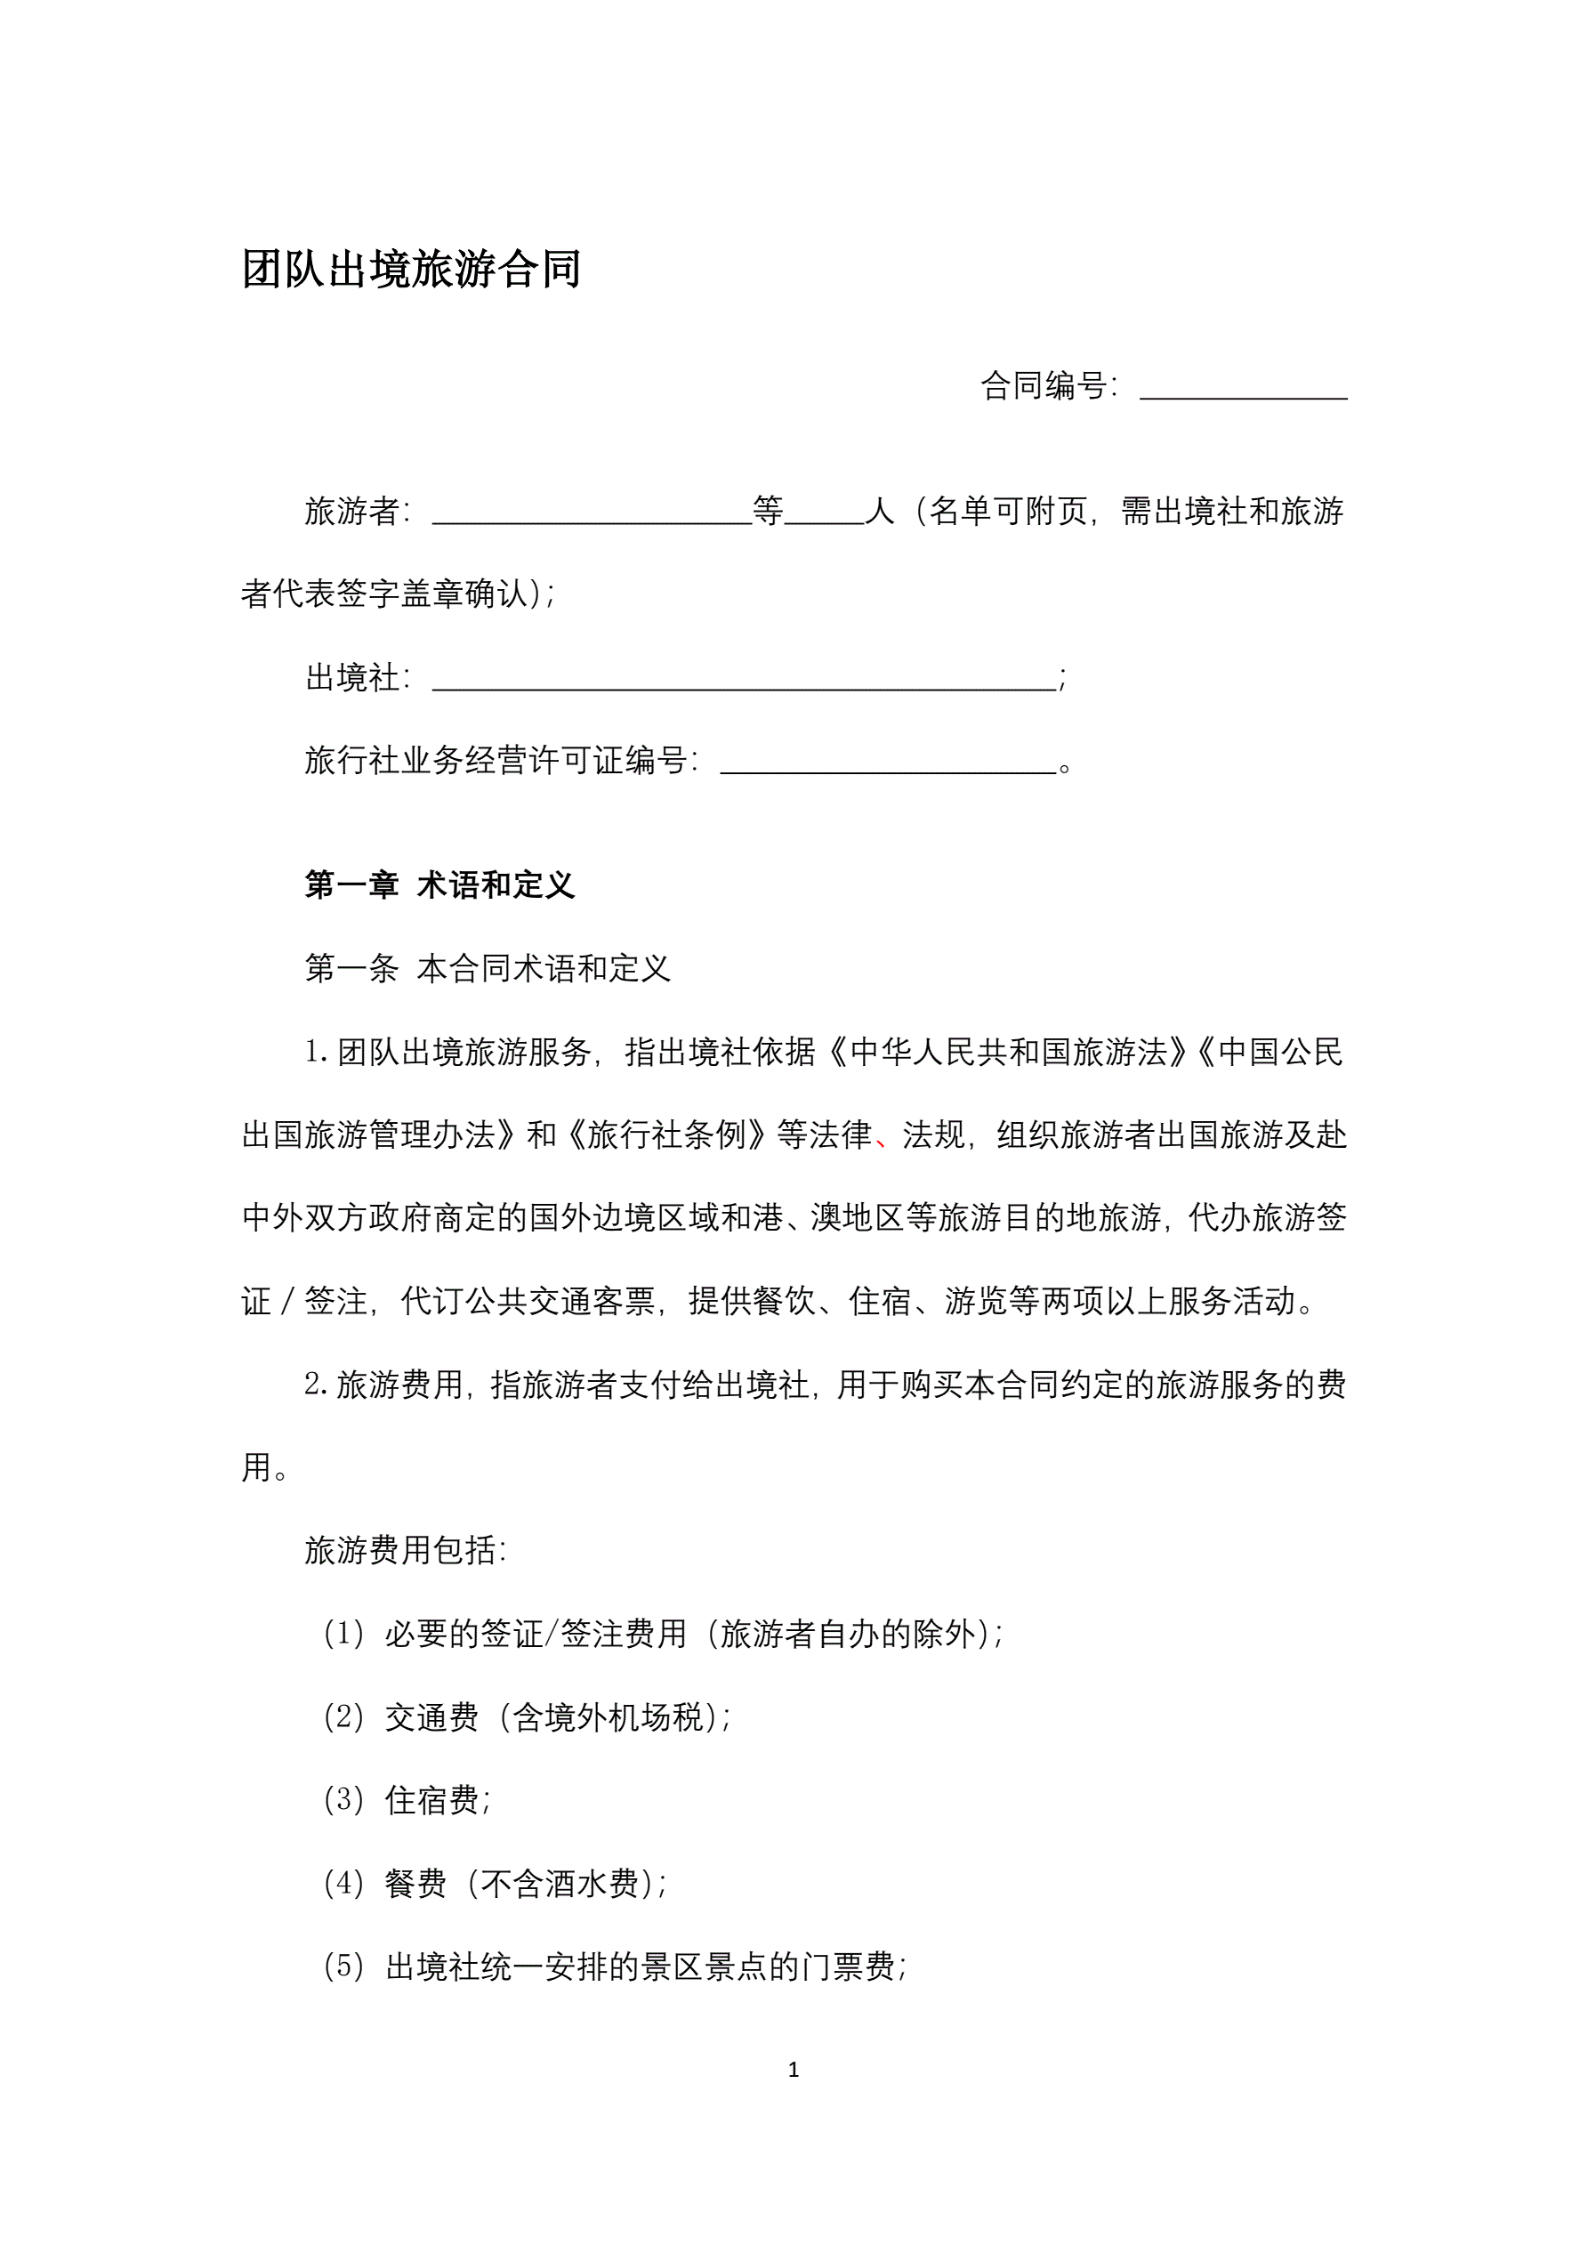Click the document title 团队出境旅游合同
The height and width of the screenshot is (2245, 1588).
point(411,270)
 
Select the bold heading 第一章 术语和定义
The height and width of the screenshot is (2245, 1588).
point(439,884)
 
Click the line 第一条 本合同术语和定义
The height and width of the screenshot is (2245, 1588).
point(487,968)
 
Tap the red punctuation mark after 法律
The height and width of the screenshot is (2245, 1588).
point(882,1139)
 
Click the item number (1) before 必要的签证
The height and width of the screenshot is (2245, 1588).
point(343,1633)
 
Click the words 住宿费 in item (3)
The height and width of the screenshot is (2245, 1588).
point(431,1799)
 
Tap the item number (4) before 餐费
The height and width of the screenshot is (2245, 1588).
point(343,1882)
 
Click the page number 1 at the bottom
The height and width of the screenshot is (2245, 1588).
point(793,2069)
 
